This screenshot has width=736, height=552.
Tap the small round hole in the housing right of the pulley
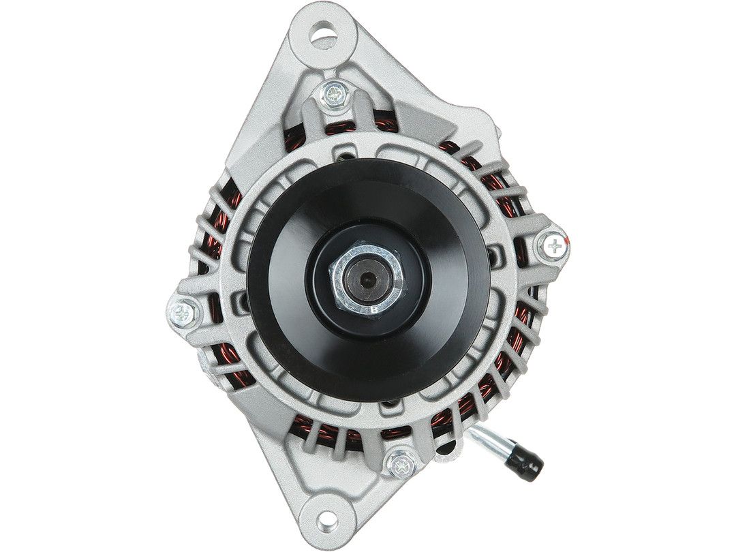493,257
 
